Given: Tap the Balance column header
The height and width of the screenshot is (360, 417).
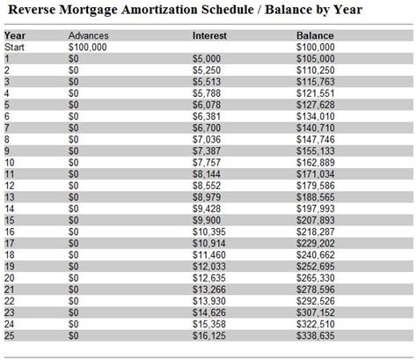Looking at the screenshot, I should coord(314,35).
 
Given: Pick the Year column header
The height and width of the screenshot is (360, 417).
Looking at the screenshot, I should coord(13,35).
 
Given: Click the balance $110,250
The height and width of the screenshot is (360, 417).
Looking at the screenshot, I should coord(316,68).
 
